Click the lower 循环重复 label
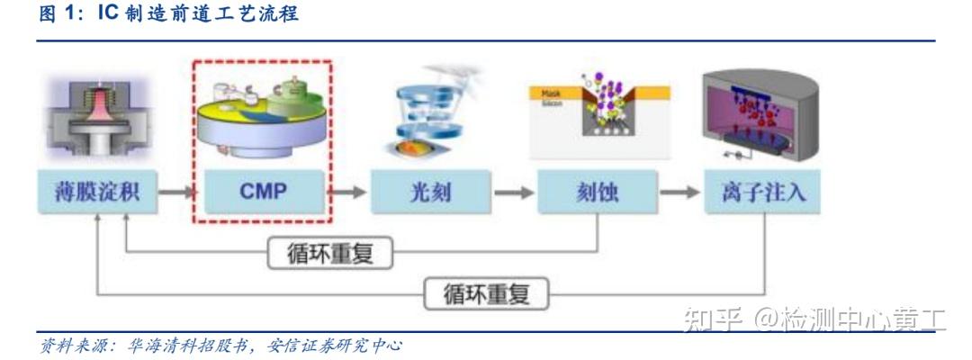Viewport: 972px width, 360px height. pyautogui.click(x=486, y=292)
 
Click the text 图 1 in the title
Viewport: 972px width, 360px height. pyautogui.click(x=58, y=15)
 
